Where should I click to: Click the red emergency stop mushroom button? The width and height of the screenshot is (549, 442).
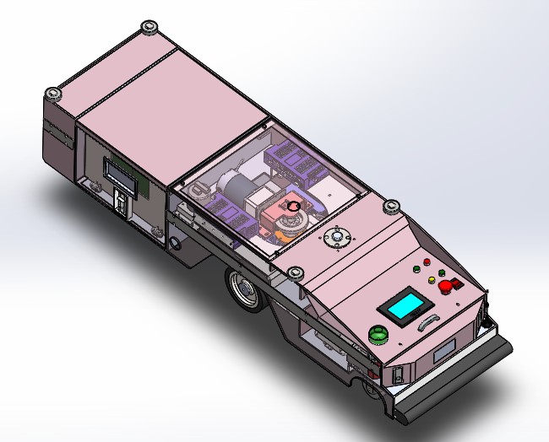pos(448,287)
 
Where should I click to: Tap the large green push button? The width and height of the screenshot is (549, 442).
pos(378,335)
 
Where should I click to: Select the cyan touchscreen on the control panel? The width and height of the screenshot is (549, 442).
pos(402,305)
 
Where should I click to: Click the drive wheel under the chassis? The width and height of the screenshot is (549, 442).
pos(244,289)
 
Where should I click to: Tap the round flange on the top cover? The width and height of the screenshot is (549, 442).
pos(336,239)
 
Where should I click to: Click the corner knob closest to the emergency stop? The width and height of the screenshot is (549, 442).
pos(390,205)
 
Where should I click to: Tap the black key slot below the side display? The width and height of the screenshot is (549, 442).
pos(121,202)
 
